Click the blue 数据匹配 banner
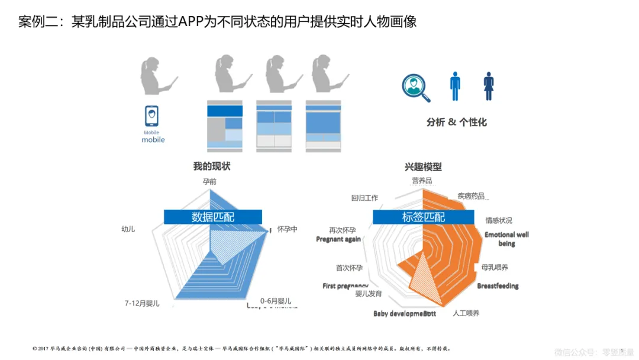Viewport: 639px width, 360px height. click(213, 217)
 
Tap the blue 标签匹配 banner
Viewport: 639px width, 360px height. click(423, 217)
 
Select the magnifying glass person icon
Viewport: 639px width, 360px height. click(415, 88)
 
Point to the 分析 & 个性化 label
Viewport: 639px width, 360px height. click(456, 122)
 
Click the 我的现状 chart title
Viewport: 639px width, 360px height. click(211, 166)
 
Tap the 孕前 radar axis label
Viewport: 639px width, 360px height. click(209, 181)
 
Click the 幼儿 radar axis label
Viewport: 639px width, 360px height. click(128, 229)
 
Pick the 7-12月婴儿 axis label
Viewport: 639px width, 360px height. click(142, 303)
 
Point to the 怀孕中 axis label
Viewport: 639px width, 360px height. click(287, 229)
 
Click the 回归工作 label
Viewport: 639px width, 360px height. click(364, 198)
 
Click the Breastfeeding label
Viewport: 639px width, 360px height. click(498, 286)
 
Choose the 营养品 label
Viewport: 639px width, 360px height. click(422, 180)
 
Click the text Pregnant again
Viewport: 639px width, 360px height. click(338, 239)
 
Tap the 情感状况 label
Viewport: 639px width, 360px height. click(499, 220)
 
